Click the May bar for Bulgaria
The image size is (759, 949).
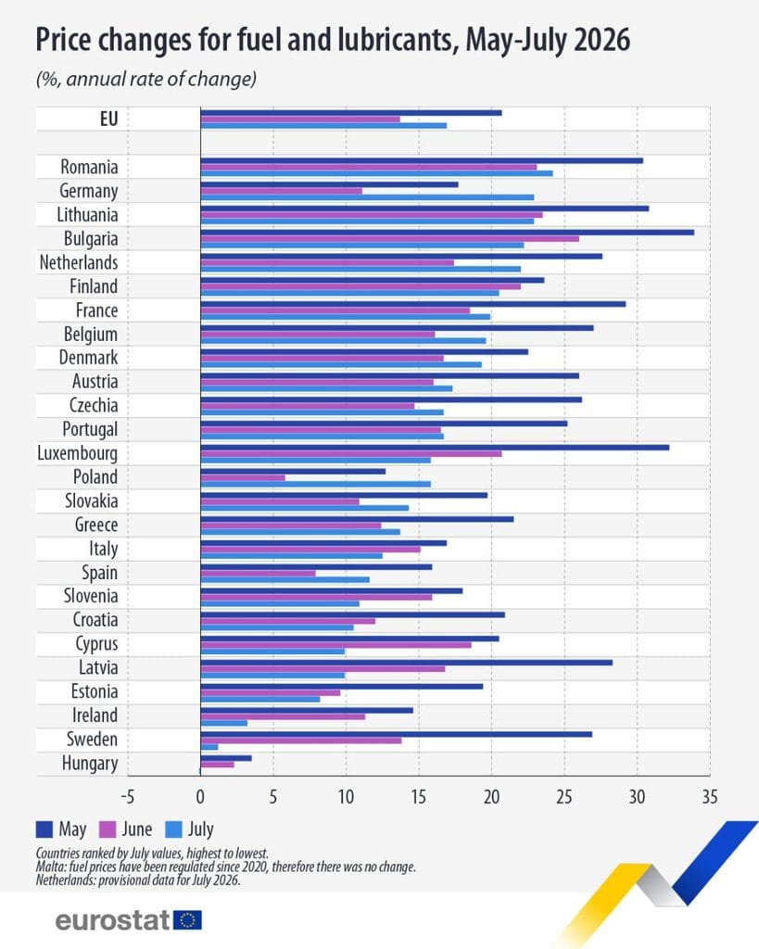(448, 233)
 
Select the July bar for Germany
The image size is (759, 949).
(367, 197)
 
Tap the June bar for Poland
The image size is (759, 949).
(243, 477)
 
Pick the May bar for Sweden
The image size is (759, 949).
(397, 734)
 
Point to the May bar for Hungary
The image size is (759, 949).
(226, 758)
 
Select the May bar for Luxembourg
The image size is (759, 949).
(435, 448)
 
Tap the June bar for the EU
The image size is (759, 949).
(300, 120)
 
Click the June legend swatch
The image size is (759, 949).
(108, 829)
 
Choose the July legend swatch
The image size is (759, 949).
(174, 829)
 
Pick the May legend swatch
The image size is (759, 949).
(44, 829)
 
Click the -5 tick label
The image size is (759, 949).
(127, 797)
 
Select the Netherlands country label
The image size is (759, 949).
(79, 262)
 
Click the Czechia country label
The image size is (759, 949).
(94, 406)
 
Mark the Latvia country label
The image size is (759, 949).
(98, 667)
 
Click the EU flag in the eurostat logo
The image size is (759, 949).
(187, 920)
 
